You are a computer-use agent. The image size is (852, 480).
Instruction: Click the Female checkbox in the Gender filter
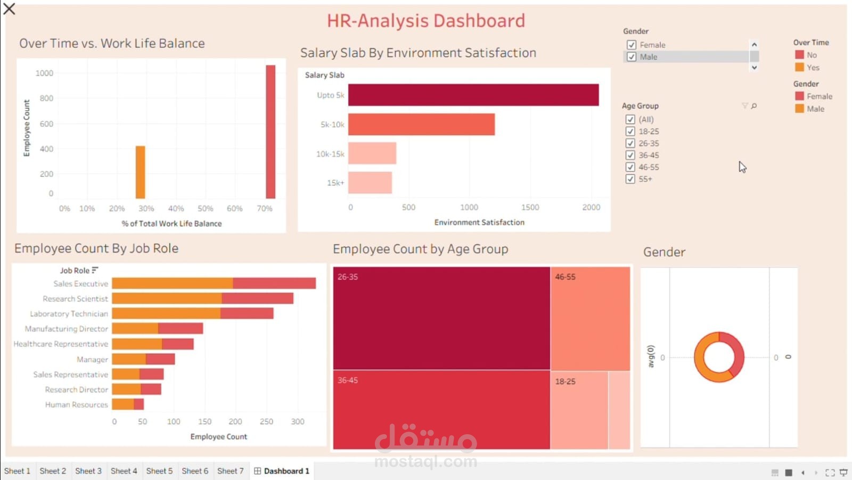pyautogui.click(x=632, y=45)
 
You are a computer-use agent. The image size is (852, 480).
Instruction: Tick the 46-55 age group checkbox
pyautogui.click(x=630, y=167)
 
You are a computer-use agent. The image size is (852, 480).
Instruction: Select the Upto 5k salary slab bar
pyautogui.click(x=473, y=95)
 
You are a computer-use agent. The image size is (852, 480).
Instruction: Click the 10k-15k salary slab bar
pyautogui.click(x=372, y=153)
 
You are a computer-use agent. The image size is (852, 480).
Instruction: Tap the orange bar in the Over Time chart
pyautogui.click(x=141, y=172)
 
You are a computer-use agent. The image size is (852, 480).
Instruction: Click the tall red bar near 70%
pyautogui.click(x=271, y=132)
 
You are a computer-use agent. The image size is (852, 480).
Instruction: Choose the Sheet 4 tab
pyautogui.click(x=124, y=471)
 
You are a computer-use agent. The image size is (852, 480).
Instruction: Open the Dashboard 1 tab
pyautogui.click(x=282, y=471)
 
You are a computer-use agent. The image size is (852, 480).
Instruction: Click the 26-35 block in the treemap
pyautogui.click(x=441, y=318)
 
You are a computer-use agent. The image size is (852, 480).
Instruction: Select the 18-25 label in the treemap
pyautogui.click(x=565, y=381)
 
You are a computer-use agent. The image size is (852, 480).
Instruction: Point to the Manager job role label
pyautogui.click(x=92, y=360)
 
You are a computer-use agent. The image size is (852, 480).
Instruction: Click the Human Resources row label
pyautogui.click(x=77, y=405)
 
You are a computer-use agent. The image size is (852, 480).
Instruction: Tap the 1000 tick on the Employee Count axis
pyautogui.click(x=44, y=73)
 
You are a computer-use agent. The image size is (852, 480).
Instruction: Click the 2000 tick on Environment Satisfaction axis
pyautogui.click(x=591, y=207)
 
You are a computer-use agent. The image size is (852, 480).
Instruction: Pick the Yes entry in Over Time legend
pyautogui.click(x=813, y=68)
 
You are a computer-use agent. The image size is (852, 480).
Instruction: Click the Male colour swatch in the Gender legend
pyautogui.click(x=799, y=109)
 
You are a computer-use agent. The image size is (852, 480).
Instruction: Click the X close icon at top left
pyautogui.click(x=9, y=9)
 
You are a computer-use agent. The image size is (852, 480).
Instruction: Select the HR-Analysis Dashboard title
pyautogui.click(x=425, y=21)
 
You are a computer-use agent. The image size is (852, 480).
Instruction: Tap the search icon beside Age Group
pyautogui.click(x=754, y=106)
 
